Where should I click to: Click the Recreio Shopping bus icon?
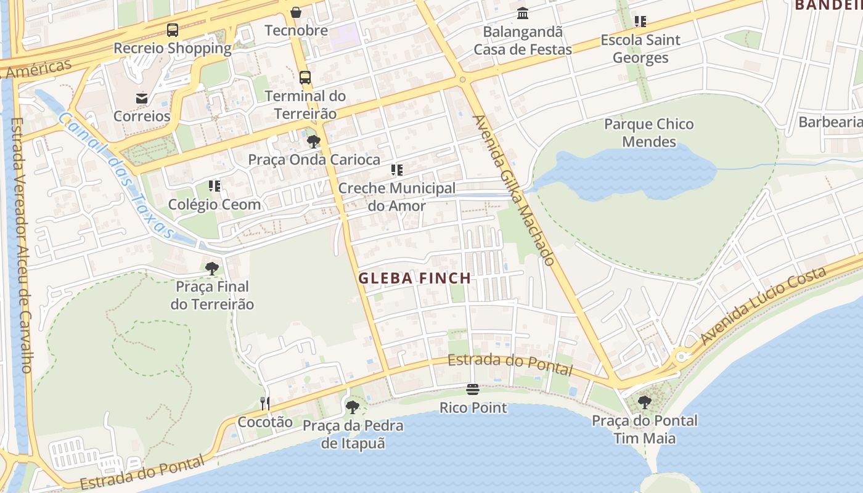point(173,30)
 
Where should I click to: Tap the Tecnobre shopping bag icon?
point(296,12)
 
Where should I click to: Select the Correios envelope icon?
point(142,98)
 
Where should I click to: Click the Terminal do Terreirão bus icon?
point(305,78)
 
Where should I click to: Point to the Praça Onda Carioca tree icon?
point(313,142)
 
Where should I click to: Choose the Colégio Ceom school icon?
point(215,185)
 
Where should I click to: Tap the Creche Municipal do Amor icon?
point(397,170)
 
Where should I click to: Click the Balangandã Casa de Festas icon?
point(523,13)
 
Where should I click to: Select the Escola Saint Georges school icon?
point(640,22)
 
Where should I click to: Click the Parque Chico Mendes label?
point(648,132)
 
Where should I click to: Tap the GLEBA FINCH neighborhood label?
point(414,278)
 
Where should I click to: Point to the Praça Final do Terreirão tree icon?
point(211,269)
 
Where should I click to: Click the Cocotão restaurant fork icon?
point(265,404)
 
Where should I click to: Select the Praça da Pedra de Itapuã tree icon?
point(352,407)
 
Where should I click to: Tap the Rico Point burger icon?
point(473,389)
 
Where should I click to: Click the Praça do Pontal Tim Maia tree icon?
point(644,402)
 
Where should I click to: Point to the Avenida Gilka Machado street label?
point(513,190)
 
